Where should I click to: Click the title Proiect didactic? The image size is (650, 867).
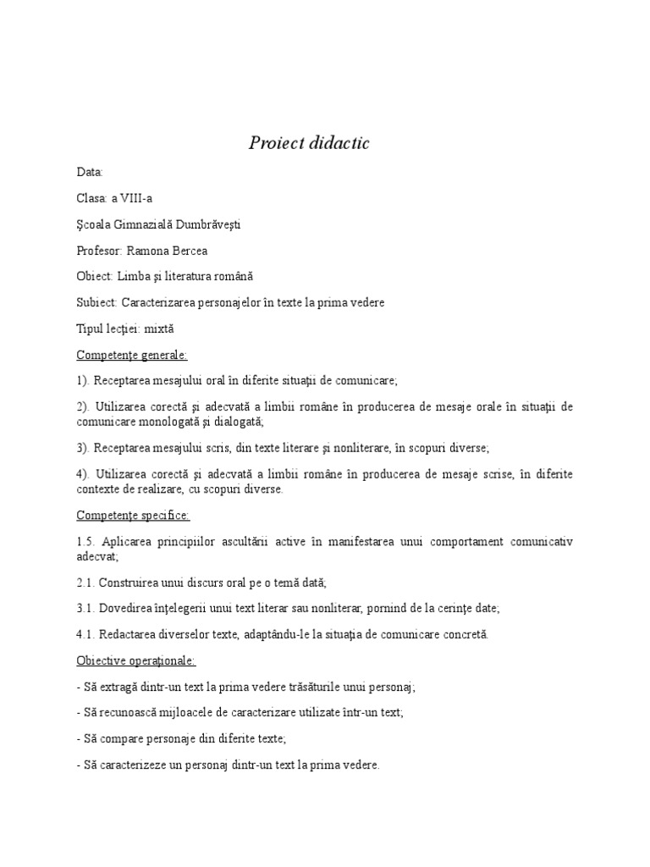tap(309, 143)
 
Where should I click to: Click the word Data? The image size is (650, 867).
tap(89, 172)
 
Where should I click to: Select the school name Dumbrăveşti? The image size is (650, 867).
tap(208, 224)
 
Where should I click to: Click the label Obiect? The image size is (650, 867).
tap(94, 276)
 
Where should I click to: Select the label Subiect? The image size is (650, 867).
tap(96, 302)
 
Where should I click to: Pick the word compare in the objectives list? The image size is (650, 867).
tap(125, 738)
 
